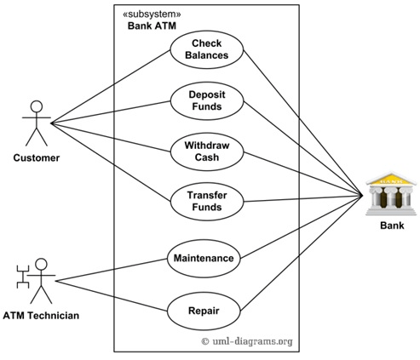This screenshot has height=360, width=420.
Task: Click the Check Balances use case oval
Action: tap(207, 49)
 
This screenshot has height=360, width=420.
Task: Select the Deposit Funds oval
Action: tap(207, 100)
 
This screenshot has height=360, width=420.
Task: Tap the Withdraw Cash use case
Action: tap(207, 151)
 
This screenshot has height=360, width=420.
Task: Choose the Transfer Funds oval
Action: tap(207, 202)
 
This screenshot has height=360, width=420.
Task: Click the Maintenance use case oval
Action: tap(204, 259)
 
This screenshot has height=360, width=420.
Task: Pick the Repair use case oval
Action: tap(204, 311)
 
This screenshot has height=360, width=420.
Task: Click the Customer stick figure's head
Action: tap(37, 106)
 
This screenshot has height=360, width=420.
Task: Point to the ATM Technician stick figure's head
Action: tap(41, 264)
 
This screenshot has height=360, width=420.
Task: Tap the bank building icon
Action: tap(391, 193)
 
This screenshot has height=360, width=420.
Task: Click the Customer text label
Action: tap(37, 158)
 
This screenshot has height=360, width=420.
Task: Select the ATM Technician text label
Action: tap(41, 316)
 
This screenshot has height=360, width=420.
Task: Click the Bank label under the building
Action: tap(392, 226)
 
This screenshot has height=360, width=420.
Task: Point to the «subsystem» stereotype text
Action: tap(152, 14)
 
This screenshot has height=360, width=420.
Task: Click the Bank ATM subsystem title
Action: tap(152, 26)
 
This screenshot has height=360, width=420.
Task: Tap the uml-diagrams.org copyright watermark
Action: tap(247, 341)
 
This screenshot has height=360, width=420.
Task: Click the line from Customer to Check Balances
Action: tap(111, 87)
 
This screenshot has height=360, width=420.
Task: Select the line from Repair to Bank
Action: tap(302, 254)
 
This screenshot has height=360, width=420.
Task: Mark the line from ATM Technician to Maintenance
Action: tap(112, 270)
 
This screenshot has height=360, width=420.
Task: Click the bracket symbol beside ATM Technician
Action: tap(23, 277)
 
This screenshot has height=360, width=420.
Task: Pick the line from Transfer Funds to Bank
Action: tap(303, 198)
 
